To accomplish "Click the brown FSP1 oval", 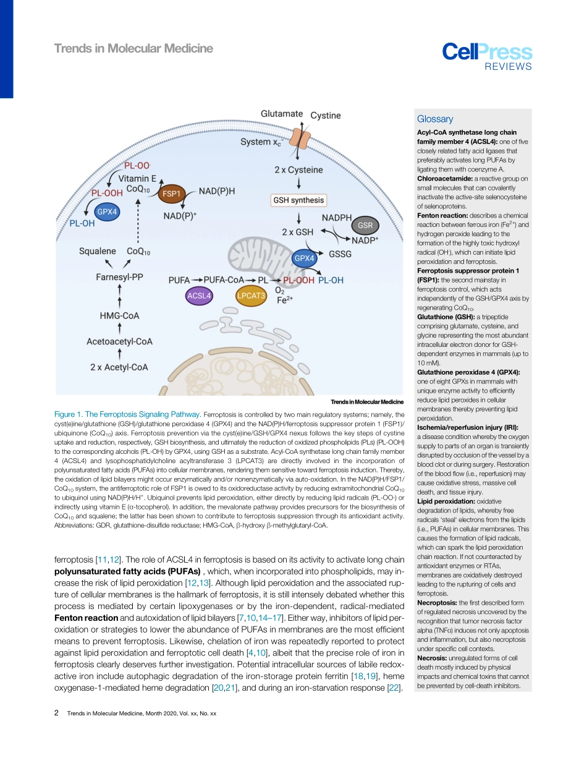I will pyautogui.click(x=170, y=194).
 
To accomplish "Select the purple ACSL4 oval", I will pyautogui.click(x=199, y=296).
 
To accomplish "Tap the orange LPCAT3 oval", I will pyautogui.click(x=251, y=296).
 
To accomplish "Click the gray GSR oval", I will pyautogui.click(x=365, y=225).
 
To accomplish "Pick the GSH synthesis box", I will pyautogui.click(x=299, y=200).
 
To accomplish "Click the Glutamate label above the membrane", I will pyautogui.click(x=282, y=114).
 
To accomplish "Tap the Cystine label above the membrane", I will pyautogui.click(x=325, y=116).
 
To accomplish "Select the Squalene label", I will pyautogui.click(x=98, y=251).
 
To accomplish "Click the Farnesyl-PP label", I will pyautogui.click(x=119, y=277).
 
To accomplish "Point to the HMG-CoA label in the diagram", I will pyautogui.click(x=119, y=316).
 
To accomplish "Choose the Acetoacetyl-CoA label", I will pyautogui.click(x=119, y=341).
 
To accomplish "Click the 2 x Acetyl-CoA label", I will pyautogui.click(x=119, y=367).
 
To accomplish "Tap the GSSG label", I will pyautogui.click(x=340, y=254).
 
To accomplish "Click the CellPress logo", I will pyautogui.click(x=487, y=55).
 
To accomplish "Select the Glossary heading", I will pyautogui.click(x=435, y=119).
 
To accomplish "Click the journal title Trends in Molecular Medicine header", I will pyautogui.click(x=133, y=49).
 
